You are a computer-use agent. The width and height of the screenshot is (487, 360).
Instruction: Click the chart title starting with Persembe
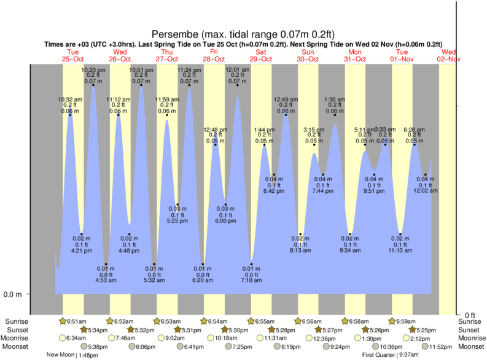pos(243,34)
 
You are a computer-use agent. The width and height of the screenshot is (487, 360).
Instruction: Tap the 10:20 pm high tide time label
pos(93,70)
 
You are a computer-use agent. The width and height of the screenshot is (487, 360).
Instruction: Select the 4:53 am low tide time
pos(106,280)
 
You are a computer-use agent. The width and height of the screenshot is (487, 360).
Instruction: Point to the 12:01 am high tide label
pos(238,70)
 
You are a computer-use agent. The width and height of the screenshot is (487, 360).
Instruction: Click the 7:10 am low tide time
pos(251,280)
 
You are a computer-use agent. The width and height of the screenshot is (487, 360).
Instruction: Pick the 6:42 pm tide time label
pos(273,192)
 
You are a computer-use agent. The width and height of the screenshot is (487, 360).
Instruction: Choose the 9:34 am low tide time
pos(351,251)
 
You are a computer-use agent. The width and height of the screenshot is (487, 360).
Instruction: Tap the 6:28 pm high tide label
pos(414,129)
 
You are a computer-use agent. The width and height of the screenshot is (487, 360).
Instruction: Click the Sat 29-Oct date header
pos(261,55)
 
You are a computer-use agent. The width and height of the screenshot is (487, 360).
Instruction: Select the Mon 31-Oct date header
pos(355,55)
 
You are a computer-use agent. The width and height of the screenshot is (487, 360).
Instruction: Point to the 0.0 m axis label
pos(13,294)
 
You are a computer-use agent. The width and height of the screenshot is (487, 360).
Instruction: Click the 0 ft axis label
pos(470,315)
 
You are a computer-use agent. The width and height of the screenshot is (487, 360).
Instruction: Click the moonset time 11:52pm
pos(427,346)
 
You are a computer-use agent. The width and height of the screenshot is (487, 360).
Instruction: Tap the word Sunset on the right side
pos(470,329)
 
